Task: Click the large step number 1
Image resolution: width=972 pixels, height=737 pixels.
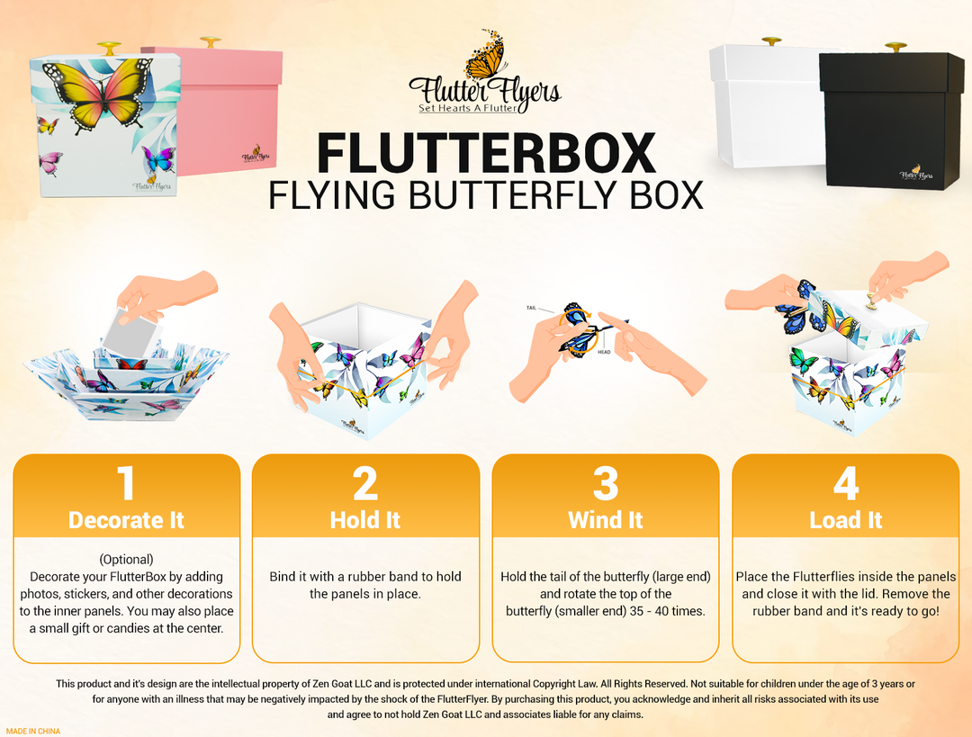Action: click(x=126, y=483)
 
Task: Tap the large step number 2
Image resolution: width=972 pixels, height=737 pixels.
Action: click(x=365, y=483)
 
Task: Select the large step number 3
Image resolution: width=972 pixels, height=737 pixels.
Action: click(x=606, y=483)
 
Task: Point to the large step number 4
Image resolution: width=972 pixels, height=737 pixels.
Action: click(x=845, y=483)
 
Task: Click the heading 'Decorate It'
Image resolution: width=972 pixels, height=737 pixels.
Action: click(x=126, y=520)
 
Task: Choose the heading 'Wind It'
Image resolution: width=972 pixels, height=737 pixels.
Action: click(x=606, y=520)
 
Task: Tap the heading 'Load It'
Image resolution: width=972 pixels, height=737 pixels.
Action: click(x=845, y=520)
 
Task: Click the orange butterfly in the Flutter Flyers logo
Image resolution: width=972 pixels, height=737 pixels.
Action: click(x=487, y=58)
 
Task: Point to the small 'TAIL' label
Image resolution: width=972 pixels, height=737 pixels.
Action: click(x=531, y=308)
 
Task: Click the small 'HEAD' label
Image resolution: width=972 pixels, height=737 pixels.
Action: click(x=603, y=352)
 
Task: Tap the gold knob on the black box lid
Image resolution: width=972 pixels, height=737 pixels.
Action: click(x=895, y=46)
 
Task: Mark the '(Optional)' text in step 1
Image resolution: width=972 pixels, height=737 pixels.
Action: click(x=126, y=559)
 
